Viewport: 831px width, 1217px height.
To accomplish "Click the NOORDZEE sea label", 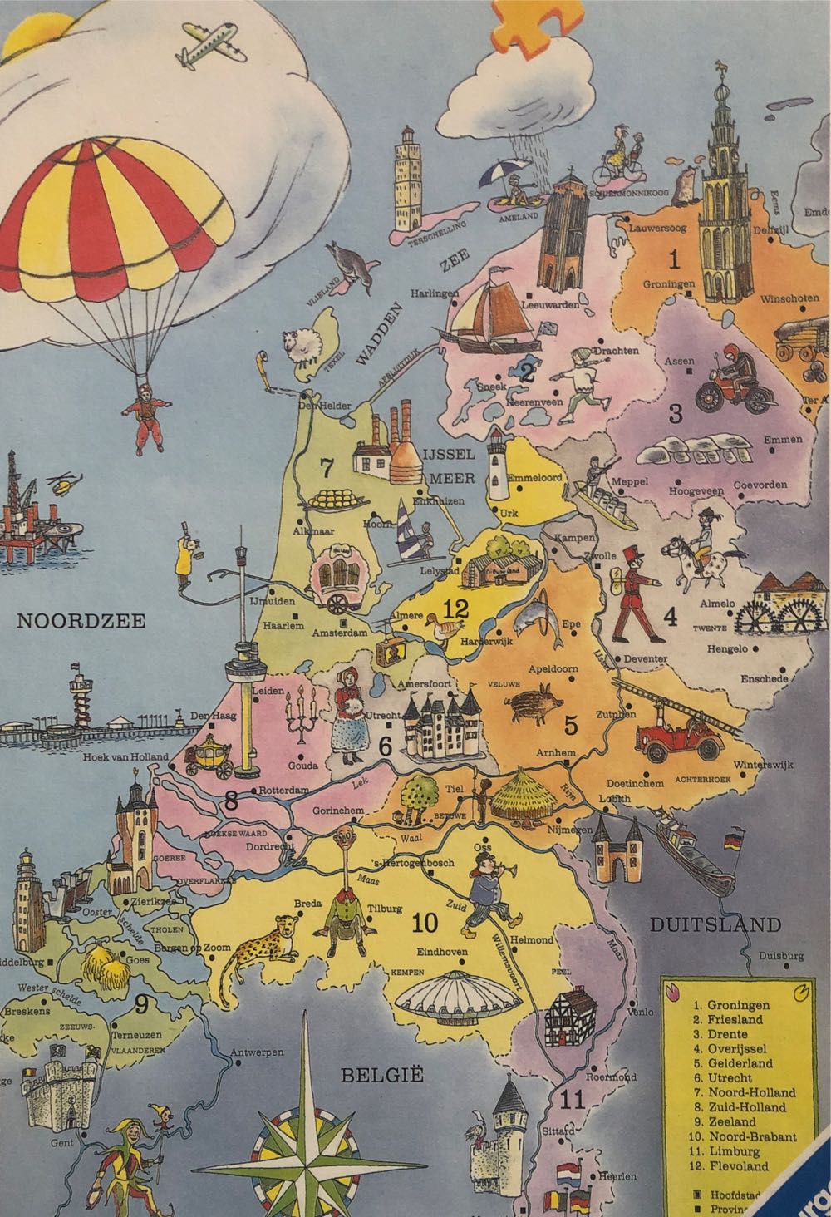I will coord(81,621).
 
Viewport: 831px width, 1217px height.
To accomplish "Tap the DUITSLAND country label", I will coord(715,924).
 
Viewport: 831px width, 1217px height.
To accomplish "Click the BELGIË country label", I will coord(365,1076).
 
